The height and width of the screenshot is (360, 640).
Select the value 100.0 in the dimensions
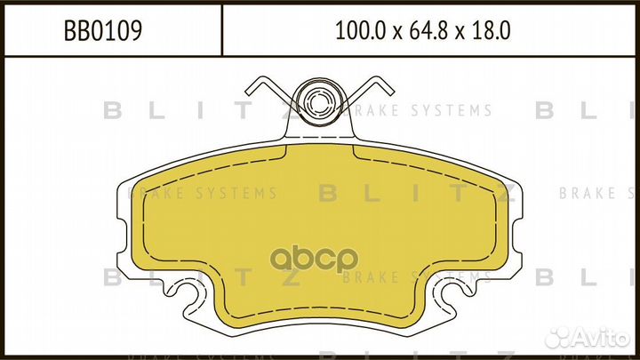tap(357, 31)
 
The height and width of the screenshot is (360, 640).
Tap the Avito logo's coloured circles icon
tap(563, 335)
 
